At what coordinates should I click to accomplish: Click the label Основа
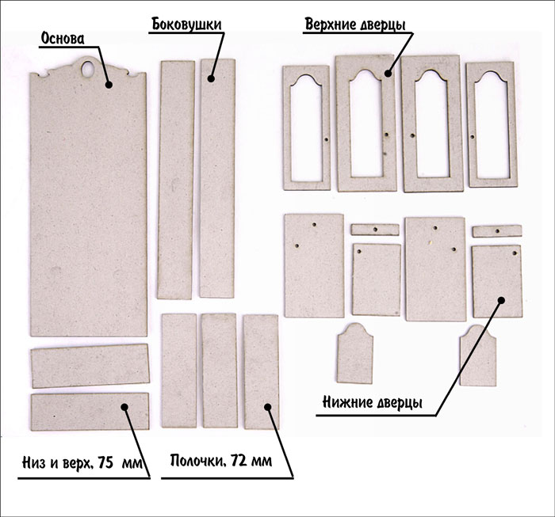(x=63, y=38)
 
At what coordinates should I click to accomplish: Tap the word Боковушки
(x=187, y=24)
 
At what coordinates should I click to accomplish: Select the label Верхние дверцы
(x=355, y=25)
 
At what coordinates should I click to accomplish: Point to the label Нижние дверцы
(x=373, y=402)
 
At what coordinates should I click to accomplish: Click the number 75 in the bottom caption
(x=105, y=462)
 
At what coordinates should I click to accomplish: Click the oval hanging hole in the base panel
(x=87, y=68)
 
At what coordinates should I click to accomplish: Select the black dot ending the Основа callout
(x=109, y=85)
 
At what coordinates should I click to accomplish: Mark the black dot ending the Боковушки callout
(x=211, y=78)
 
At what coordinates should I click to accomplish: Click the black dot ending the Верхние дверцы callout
(x=388, y=74)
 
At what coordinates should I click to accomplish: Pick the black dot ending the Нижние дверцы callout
(x=501, y=300)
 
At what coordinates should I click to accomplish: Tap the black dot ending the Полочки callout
(x=268, y=407)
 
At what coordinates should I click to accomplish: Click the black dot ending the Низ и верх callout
(x=124, y=407)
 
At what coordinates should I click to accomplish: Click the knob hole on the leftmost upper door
(x=327, y=139)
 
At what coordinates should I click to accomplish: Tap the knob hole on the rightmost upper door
(x=473, y=136)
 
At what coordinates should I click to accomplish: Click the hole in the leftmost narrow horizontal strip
(x=375, y=230)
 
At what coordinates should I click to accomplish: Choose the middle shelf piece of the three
(x=219, y=371)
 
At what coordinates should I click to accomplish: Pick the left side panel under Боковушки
(x=176, y=180)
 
